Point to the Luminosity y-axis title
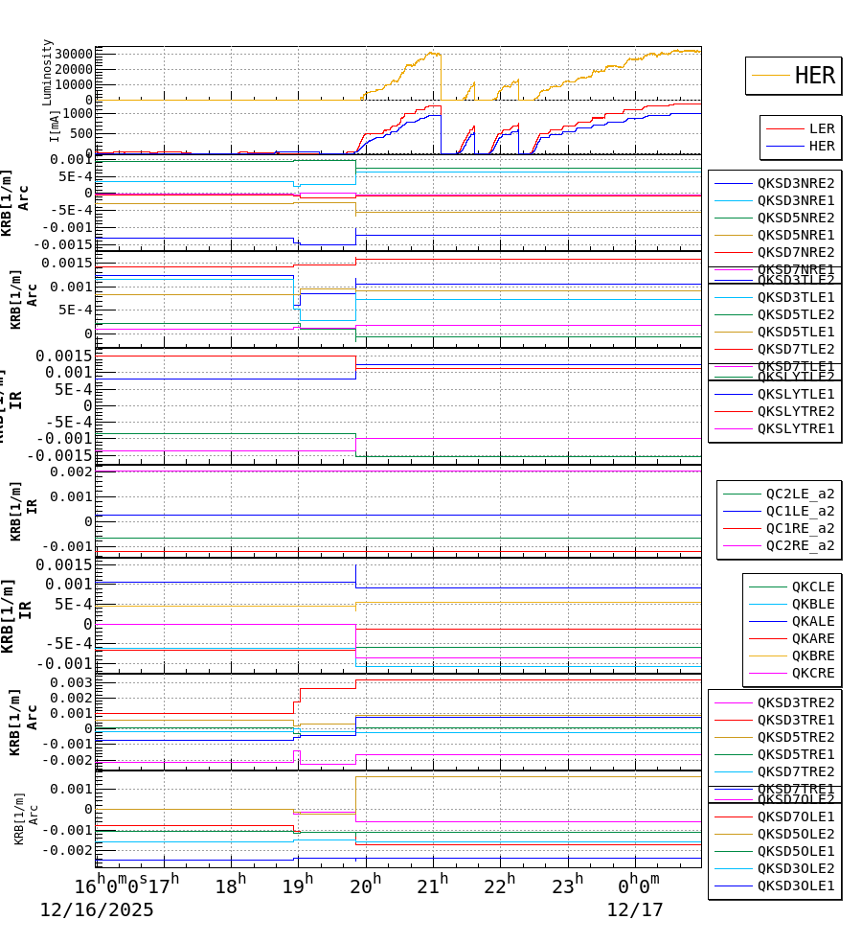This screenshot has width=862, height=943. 47,72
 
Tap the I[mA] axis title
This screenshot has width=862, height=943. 55,126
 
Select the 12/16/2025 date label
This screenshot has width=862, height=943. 97,910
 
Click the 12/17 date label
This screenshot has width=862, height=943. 634,910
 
